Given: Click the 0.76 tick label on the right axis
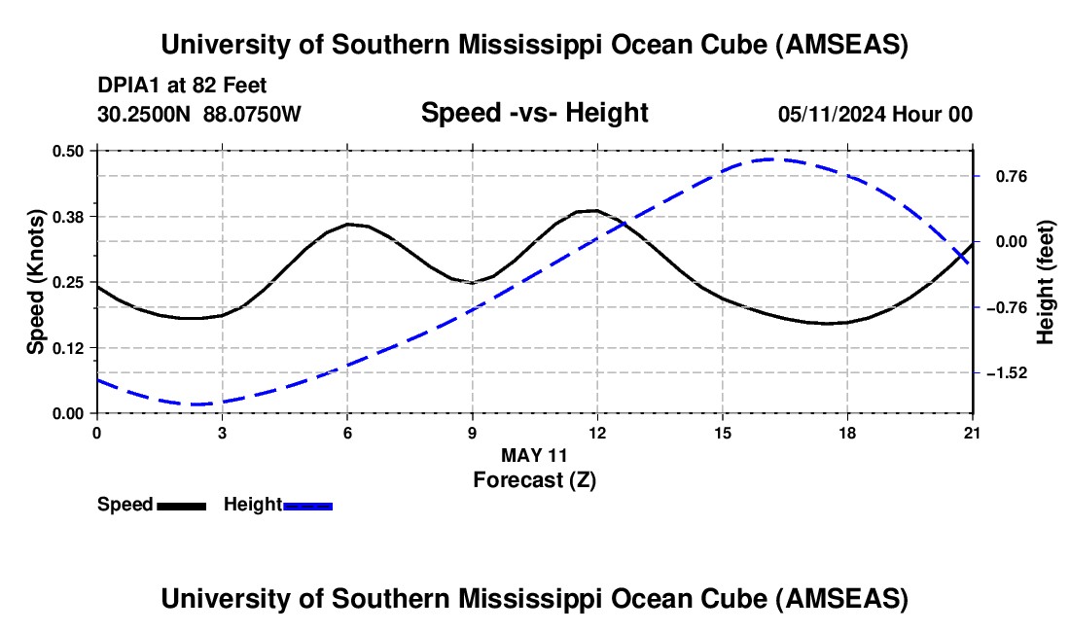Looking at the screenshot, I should pyautogui.click(x=1008, y=177).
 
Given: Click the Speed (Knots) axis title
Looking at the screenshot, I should pyautogui.click(x=36, y=281).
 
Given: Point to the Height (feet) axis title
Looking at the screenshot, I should pyautogui.click(x=1046, y=282).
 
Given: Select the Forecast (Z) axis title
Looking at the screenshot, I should pyautogui.click(x=534, y=479).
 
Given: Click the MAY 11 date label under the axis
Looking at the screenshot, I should pyautogui.click(x=534, y=455).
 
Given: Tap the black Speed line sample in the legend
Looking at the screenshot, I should pyautogui.click(x=181, y=505).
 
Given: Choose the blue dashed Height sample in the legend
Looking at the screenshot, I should pyautogui.click(x=307, y=505).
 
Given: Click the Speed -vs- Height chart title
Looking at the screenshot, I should pyautogui.click(x=534, y=113).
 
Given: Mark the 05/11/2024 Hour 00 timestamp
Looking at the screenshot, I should pyautogui.click(x=875, y=114).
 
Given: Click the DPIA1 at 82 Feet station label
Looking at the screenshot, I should pyautogui.click(x=182, y=86).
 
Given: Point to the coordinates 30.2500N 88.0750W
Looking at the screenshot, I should pyautogui.click(x=199, y=114).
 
